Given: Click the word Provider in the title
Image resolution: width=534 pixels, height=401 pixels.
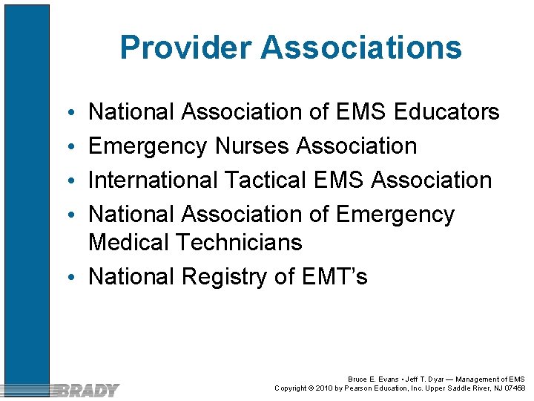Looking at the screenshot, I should pyautogui.click(x=186, y=48).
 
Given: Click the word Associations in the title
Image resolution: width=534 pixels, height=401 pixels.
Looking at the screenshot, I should pyautogui.click(x=361, y=48).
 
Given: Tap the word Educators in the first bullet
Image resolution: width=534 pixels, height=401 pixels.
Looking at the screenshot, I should pyautogui.click(x=447, y=112).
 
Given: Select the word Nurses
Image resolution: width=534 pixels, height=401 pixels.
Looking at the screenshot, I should pyautogui.click(x=252, y=146).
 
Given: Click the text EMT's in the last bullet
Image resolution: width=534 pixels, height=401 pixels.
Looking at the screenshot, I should pyautogui.click(x=335, y=277).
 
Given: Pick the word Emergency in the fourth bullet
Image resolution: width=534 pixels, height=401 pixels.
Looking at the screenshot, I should pyautogui.click(x=395, y=215).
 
